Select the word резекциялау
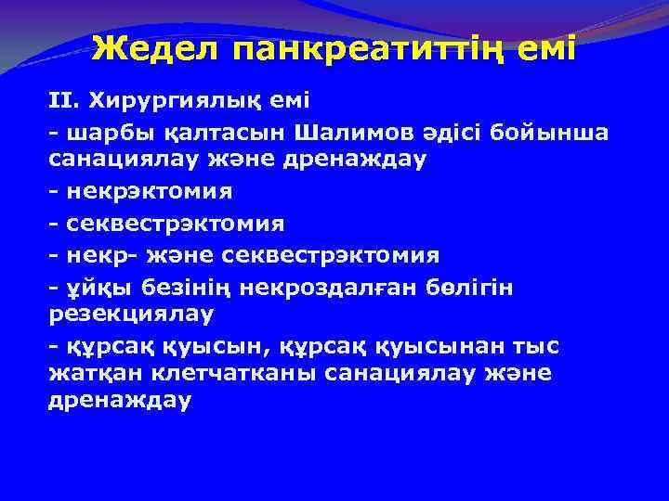(x=131, y=314)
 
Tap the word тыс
(x=540, y=346)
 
